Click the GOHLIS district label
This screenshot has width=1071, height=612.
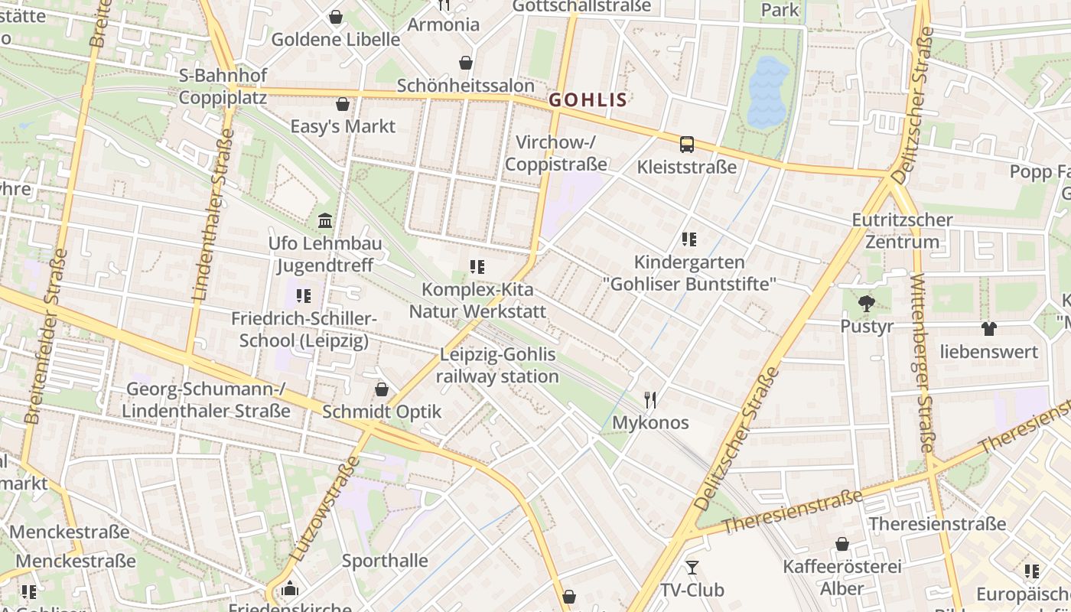588,99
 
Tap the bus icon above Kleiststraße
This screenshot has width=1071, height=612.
687,144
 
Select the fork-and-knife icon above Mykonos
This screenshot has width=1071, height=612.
650,399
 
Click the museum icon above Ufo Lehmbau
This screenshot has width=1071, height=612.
325,221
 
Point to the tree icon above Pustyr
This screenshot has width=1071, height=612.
866,304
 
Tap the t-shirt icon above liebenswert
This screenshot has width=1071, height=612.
989,329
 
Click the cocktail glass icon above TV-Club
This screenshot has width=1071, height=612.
692,567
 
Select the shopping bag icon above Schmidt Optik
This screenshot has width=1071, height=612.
382,390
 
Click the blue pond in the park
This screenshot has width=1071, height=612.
767,92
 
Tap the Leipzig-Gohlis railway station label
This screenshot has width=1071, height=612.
497,366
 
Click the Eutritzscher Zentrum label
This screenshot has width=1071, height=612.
902,231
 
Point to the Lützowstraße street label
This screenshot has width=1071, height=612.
324,509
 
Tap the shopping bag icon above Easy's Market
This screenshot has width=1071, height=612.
343,104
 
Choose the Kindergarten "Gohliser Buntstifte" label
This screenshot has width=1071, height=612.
689,273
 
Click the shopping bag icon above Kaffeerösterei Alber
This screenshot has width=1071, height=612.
841,544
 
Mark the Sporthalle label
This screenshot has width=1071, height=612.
385,561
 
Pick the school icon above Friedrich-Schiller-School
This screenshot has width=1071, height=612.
304,295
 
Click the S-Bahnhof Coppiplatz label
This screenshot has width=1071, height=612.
223,86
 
